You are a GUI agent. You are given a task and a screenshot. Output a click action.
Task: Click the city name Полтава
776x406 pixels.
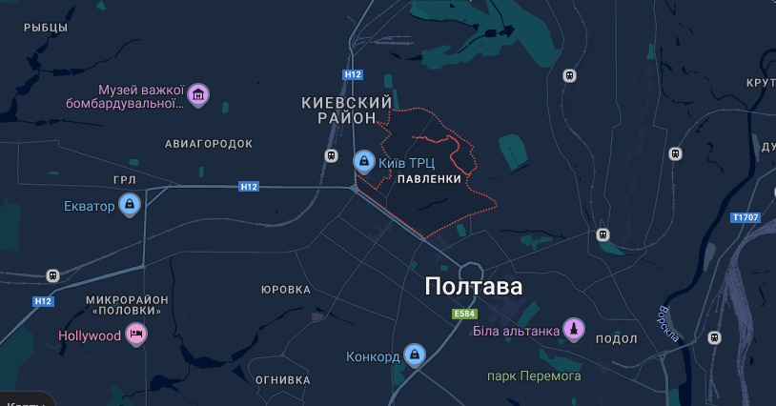[473, 287]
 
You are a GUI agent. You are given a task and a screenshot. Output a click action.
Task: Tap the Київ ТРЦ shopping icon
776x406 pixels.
[363, 162]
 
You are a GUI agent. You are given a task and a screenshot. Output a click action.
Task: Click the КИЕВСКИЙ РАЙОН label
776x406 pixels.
[347, 110]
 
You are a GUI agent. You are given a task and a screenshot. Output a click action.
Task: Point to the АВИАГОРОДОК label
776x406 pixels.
[209, 144]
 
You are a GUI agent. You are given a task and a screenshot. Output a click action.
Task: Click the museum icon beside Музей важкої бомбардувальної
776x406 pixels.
[198, 94]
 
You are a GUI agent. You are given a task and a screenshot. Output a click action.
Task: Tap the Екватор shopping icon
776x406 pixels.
[130, 205]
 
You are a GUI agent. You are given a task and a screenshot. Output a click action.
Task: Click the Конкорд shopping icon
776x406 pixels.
[414, 357]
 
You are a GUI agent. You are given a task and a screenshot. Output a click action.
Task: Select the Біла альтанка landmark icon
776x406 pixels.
[574, 331]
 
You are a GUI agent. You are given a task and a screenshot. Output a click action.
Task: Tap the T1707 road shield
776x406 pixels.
[745, 217]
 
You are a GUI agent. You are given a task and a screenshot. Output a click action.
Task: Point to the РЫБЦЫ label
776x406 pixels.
[46, 28]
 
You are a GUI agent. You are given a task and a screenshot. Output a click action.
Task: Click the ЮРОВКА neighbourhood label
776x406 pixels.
[286, 290]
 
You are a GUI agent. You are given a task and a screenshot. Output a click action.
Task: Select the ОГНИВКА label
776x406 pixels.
[283, 379]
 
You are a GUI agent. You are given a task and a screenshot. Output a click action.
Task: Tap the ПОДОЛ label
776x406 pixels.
[615, 339]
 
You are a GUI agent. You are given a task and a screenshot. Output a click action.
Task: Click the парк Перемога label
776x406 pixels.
[534, 376]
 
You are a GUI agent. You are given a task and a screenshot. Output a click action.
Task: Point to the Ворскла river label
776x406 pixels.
[667, 323]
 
